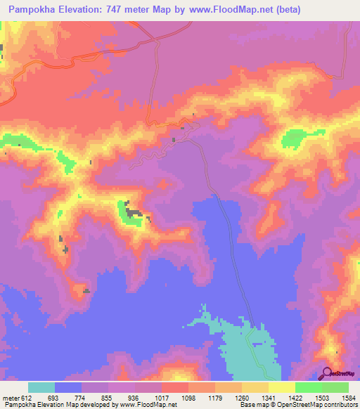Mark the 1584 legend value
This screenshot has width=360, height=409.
pos(349,397)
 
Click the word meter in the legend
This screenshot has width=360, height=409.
pos(11,397)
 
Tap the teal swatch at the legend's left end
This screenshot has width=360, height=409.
pos(41,387)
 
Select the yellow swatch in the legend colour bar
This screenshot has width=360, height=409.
pos(281,387)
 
